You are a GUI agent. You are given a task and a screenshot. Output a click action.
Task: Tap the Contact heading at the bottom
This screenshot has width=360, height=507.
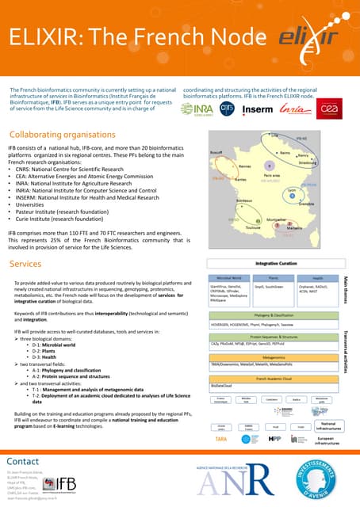click(23, 461)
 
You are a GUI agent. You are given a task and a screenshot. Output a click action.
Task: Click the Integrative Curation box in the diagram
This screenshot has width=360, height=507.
click(276, 263)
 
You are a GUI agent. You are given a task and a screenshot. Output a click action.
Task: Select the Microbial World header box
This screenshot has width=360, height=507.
click(229, 278)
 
